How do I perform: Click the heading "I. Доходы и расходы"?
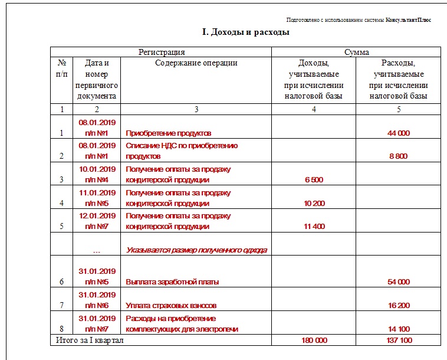point(245,32)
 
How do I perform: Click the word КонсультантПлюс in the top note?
point(408,19)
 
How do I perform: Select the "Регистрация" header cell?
point(161,53)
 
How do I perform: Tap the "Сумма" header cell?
point(357,53)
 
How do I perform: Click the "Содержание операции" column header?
point(196,63)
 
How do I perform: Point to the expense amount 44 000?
point(399,133)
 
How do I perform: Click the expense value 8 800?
point(399,156)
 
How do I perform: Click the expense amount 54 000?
point(399,282)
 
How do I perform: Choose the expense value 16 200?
point(399,306)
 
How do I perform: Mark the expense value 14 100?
point(399,329)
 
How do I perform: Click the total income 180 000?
point(313,341)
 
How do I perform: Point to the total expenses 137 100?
point(399,341)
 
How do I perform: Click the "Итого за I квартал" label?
point(90,341)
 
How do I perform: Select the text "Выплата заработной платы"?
point(173,282)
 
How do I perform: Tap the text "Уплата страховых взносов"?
point(171,306)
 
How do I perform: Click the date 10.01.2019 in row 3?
point(97,169)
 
